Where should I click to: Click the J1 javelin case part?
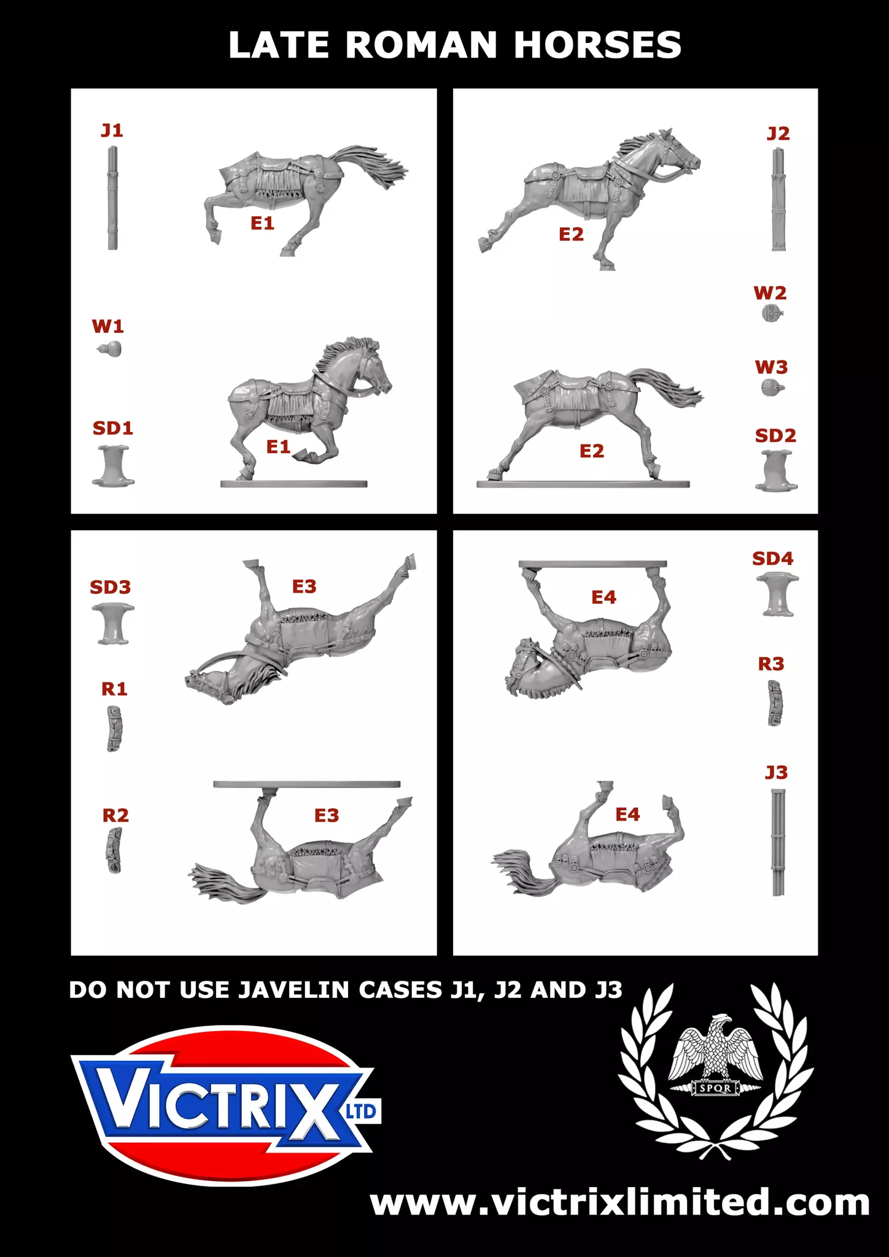point(113,198)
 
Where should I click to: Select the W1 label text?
point(108,326)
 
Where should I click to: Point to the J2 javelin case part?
point(778,200)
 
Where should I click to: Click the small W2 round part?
point(772,314)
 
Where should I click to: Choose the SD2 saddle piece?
point(777,471)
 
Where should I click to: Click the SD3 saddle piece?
point(113,624)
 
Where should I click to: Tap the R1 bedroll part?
point(114,729)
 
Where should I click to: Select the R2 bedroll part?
point(114,850)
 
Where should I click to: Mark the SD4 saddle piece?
point(777,594)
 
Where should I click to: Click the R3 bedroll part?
point(775,703)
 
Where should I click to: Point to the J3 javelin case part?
point(778,842)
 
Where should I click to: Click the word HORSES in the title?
point(597,45)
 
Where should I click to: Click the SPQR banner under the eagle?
point(716,1088)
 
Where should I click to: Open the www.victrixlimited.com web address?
point(620,1202)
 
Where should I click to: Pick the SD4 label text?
point(773,559)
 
